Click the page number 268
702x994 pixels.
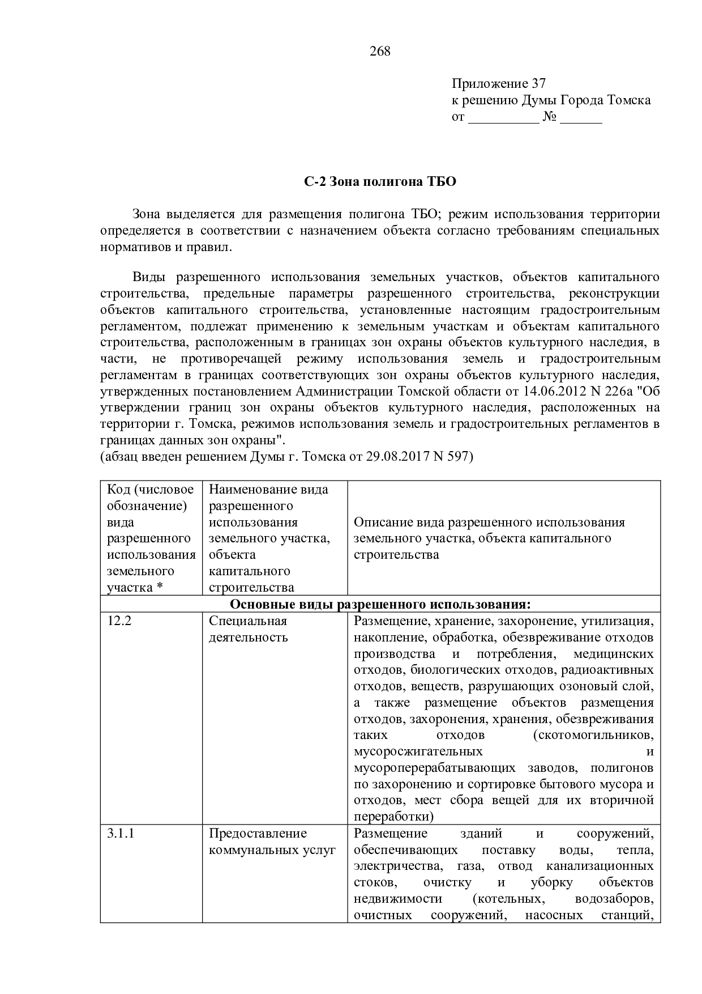380,52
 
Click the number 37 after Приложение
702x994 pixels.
538,84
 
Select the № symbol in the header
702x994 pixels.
550,117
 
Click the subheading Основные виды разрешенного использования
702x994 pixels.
380,604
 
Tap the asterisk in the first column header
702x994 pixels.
160,588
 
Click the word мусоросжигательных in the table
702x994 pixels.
418,752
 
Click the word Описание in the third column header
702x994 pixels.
380,523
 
